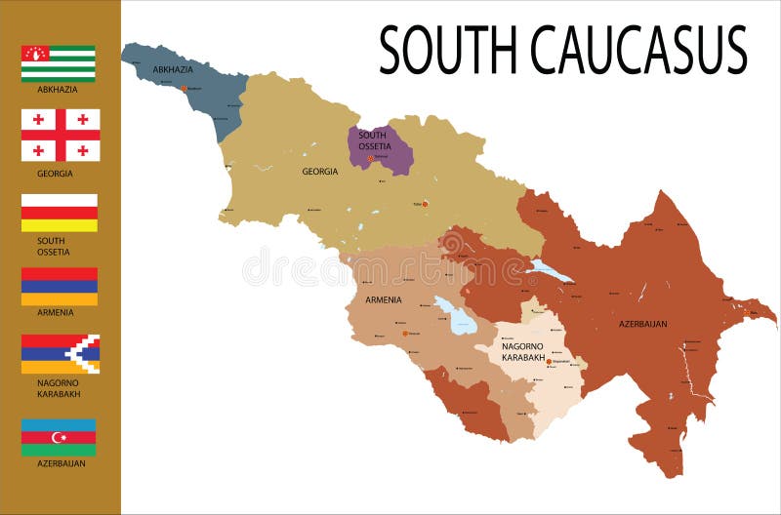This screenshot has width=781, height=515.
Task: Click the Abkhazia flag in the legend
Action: click(x=59, y=63)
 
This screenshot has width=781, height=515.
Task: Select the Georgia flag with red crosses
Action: click(x=61, y=135)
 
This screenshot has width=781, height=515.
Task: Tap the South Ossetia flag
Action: click(x=60, y=213)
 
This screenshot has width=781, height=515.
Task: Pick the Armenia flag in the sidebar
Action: click(x=60, y=287)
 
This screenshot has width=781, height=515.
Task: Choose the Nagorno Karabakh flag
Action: click(x=61, y=354)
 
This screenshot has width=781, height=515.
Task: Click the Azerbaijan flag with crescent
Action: click(x=60, y=438)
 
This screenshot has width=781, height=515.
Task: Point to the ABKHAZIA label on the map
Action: click(x=173, y=70)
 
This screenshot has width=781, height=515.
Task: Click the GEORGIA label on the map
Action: click(x=319, y=172)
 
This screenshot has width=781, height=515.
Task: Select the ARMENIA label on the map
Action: click(x=384, y=299)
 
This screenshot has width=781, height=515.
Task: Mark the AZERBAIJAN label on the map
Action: click(x=643, y=323)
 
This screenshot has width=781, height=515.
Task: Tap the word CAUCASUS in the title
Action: click(x=638, y=50)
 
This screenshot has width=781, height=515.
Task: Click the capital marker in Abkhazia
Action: click(x=183, y=89)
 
